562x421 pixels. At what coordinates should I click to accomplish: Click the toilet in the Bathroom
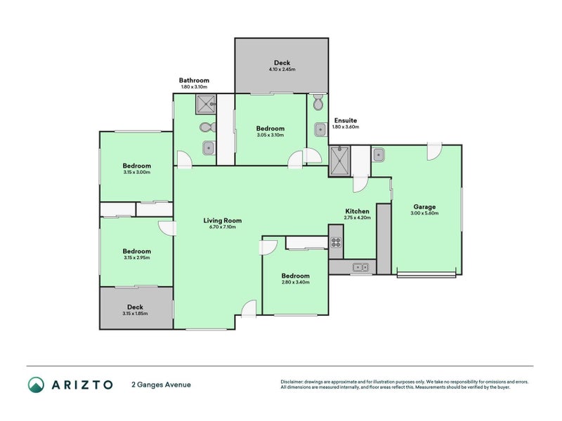tap(206, 128)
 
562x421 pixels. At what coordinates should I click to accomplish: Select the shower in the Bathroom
tap(206, 105)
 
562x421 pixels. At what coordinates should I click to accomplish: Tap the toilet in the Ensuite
tap(318, 103)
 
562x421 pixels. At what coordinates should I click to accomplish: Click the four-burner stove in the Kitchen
tap(336, 243)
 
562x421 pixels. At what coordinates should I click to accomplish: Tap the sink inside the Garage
tap(377, 154)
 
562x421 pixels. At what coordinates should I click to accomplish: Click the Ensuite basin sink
tap(320, 128)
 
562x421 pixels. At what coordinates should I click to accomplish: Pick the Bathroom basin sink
tap(208, 147)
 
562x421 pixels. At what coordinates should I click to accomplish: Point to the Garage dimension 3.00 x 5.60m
tap(425, 213)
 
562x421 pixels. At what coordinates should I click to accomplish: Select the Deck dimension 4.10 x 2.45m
tap(282, 69)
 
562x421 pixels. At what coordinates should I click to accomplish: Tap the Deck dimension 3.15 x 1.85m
tap(136, 313)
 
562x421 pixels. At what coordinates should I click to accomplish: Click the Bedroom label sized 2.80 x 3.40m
tap(295, 276)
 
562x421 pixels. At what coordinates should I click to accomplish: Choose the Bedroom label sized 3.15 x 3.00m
tap(137, 166)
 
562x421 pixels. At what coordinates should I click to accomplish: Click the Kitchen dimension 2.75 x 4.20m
tap(357, 218)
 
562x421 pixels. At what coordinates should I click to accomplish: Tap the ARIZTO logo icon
tap(36, 385)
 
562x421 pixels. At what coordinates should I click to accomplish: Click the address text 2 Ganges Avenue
tap(161, 385)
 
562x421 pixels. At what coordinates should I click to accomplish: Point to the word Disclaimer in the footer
tap(294, 382)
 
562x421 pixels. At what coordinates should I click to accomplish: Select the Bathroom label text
tap(194, 80)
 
